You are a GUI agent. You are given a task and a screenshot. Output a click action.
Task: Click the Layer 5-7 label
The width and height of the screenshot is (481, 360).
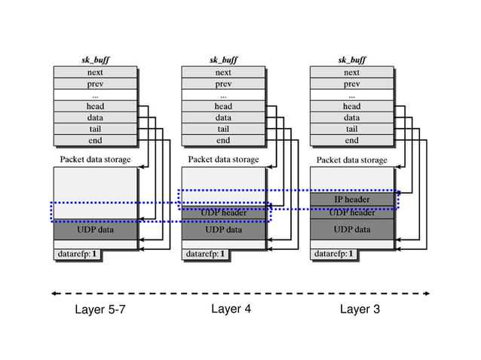click(100, 310)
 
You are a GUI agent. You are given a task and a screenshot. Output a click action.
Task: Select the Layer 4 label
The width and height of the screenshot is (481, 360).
click(231, 309)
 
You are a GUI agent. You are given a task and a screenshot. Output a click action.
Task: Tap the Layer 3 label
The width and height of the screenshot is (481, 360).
click(360, 309)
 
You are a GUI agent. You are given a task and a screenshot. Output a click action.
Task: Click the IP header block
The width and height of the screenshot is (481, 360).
click(351, 200)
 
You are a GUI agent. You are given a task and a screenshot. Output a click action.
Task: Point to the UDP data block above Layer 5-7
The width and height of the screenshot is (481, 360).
click(95, 230)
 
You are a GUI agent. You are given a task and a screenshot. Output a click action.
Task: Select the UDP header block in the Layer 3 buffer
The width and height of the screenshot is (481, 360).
click(351, 213)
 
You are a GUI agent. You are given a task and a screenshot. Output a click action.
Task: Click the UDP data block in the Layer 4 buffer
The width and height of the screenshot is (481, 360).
click(223, 230)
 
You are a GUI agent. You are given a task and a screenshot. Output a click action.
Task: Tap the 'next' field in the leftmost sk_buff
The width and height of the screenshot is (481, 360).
click(95, 72)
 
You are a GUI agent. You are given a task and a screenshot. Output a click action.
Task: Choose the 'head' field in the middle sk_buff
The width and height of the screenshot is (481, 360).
click(223, 106)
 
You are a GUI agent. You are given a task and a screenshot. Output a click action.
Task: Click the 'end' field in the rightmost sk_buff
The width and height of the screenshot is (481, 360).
click(351, 140)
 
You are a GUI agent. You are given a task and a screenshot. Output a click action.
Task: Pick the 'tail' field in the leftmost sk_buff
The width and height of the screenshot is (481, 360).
click(95, 129)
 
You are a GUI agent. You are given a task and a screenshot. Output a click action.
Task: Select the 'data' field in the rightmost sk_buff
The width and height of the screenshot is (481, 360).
click(351, 117)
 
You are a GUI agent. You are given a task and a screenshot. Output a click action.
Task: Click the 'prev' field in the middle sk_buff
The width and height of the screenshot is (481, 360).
click(223, 84)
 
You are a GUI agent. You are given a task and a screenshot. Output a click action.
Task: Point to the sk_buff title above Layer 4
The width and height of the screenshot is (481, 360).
click(224, 59)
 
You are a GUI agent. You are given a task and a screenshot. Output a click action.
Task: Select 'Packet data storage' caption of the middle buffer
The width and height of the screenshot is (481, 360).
click(223, 160)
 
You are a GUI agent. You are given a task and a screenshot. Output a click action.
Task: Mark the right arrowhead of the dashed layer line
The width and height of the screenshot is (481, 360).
click(427, 294)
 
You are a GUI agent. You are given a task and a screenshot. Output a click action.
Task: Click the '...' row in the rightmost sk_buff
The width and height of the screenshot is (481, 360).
click(351, 95)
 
